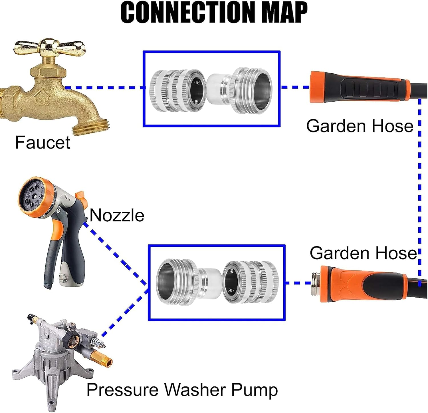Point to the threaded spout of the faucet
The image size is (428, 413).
coord(91,127)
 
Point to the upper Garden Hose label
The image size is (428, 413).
coord(360,126)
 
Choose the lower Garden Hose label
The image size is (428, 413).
coord(363,253)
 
